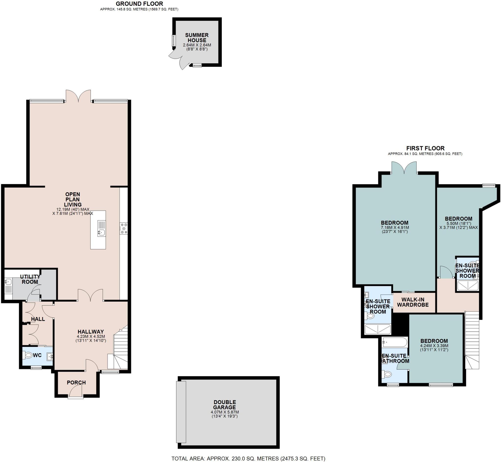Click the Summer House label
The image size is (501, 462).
197,38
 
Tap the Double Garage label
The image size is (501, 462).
225,405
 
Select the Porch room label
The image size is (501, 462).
76,383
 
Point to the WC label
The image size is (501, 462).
37,355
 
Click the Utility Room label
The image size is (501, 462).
30,279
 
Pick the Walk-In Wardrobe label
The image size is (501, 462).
413,302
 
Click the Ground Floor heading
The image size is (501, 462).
139,4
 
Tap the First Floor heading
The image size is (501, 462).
425,148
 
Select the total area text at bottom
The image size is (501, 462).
248,459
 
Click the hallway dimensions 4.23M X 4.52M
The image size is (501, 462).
91,336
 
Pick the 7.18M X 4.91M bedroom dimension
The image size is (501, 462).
395,228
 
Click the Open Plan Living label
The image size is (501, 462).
73,199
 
